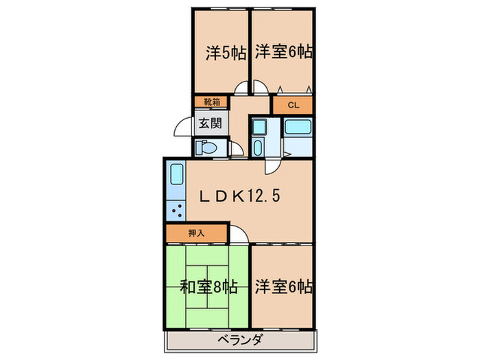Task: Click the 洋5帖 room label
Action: click(225, 52)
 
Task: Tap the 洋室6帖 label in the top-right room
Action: click(285, 52)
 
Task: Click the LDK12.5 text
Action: click(240, 197)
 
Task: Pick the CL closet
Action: click(293, 105)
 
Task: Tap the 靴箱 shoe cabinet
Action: click(210, 102)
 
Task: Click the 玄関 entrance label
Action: click(210, 124)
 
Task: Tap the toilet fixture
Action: click(207, 147)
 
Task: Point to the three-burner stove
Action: click(176, 211)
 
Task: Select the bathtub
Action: click(298, 127)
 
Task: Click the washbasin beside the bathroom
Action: click(258, 128)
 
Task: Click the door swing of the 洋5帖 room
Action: click(241, 88)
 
